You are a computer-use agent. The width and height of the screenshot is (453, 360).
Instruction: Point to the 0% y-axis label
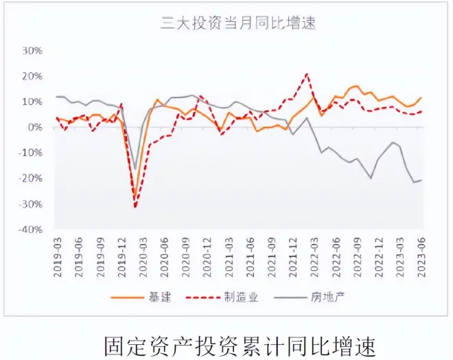pos(36,127)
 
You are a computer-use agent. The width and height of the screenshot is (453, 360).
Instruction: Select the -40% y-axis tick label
pos(32,229)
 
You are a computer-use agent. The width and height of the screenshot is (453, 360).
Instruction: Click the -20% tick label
pos(32,179)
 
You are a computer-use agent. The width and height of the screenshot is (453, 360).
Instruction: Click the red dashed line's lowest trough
pos(135,207)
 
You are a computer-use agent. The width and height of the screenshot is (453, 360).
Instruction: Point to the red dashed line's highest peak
pos(306,74)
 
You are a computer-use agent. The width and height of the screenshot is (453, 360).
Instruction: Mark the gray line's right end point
pos(421,180)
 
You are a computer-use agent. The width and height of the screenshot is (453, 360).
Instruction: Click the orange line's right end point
pos(421,98)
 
